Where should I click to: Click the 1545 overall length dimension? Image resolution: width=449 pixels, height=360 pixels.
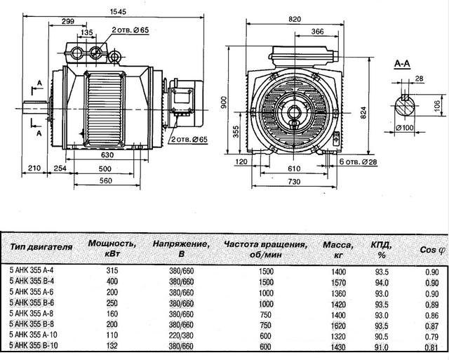click(118, 11)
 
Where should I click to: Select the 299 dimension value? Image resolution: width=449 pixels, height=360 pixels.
click(68, 21)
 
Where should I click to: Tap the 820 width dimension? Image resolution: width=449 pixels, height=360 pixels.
click(295, 19)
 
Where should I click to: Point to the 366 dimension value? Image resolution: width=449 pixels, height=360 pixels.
click(317, 32)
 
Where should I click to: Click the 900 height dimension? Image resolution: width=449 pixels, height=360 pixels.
click(224, 102)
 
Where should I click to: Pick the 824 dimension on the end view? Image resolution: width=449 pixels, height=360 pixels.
click(363, 113)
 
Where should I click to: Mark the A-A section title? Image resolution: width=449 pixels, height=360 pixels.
click(402, 64)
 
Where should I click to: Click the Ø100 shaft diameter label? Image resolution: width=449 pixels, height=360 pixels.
click(404, 127)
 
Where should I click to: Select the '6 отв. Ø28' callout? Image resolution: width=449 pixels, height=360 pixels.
click(358, 162)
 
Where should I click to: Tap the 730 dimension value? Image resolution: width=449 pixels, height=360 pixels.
click(294, 182)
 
